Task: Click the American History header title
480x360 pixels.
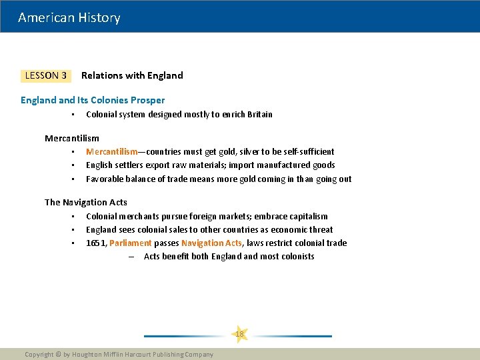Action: click(69, 17)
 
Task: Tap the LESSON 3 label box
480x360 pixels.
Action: click(45, 75)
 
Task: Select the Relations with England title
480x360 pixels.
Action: click(132, 75)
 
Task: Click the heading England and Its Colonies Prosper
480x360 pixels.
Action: click(93, 100)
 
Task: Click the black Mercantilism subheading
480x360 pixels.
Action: click(72, 138)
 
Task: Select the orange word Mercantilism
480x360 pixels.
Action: click(111, 151)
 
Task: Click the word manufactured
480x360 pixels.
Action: click(279, 165)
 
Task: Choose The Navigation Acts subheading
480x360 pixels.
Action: click(86, 202)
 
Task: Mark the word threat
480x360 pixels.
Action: click(320, 229)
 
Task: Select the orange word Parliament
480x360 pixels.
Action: click(130, 243)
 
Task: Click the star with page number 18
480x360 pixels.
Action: click(239, 333)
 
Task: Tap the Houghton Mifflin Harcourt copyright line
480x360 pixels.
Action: click(119, 354)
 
